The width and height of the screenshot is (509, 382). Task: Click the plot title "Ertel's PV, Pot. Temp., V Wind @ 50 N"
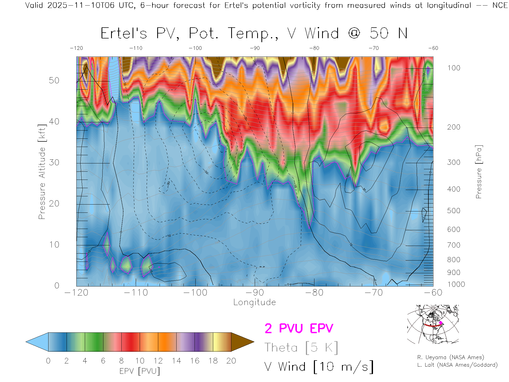254,34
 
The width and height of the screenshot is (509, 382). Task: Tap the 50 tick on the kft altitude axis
54,80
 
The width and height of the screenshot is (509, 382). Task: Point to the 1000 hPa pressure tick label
456,284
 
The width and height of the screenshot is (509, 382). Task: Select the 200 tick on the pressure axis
454,127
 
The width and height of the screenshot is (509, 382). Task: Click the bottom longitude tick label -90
255,293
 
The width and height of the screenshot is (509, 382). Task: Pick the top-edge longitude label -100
195,48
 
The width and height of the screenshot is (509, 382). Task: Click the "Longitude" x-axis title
254,302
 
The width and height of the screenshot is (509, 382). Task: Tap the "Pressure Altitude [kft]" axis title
42,172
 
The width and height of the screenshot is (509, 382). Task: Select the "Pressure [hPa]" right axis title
479,172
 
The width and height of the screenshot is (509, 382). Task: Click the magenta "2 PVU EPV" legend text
299,328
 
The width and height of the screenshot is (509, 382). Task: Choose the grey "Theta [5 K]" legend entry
301,348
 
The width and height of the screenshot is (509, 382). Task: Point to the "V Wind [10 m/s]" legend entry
319,367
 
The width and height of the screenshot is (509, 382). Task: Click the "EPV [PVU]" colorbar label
140,371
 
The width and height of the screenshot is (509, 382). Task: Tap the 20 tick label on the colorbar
231,361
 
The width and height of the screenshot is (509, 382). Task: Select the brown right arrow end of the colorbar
242,342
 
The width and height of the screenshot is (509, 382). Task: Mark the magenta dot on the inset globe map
441,323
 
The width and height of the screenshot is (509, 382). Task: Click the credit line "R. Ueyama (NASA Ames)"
451,357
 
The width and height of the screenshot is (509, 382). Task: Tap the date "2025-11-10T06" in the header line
81,5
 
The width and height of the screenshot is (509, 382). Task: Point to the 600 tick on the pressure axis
454,229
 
